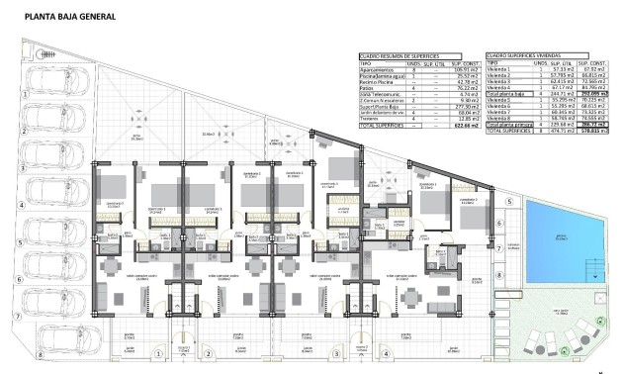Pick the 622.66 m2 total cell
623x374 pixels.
point(461,127)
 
